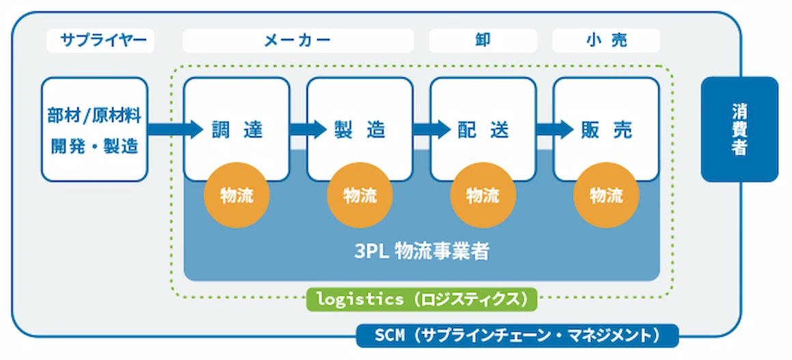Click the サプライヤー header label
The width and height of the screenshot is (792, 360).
100,40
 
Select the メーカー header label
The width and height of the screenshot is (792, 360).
298,40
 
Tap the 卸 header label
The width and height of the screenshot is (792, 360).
483,40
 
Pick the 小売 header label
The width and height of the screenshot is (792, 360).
606,40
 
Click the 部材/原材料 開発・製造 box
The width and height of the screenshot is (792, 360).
94,129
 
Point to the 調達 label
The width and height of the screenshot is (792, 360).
237,130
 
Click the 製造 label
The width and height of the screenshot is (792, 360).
360,130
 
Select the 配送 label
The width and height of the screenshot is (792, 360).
483,130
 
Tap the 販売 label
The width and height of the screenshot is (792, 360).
606,130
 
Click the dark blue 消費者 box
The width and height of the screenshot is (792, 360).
739,129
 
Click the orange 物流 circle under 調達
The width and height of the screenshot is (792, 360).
236,195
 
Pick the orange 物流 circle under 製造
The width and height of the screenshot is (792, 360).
360,195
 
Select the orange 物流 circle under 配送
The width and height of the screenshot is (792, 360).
483,195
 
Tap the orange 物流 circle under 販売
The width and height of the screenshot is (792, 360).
606,195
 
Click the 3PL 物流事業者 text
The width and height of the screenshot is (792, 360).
422,251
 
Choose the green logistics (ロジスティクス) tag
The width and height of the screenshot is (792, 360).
422,299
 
